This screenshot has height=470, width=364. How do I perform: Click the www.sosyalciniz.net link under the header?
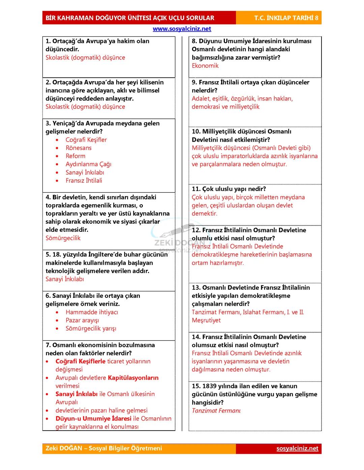[x=182, y=29]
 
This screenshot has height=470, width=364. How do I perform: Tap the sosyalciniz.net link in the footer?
[x=297, y=448]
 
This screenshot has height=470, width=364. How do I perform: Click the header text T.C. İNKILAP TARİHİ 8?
[x=286, y=18]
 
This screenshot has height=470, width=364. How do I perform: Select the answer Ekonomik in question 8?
[x=205, y=66]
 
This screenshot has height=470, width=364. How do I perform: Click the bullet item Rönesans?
[x=78, y=148]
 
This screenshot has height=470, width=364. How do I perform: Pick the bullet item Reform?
[x=75, y=156]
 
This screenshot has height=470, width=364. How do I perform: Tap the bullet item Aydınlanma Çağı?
[x=88, y=164]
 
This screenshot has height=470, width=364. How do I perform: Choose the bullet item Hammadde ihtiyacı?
[x=92, y=312]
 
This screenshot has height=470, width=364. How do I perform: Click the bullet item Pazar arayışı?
[x=82, y=320]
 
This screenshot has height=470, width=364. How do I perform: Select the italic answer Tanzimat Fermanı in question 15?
[x=216, y=410]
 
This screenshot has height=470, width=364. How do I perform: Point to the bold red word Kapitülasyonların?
[x=133, y=378]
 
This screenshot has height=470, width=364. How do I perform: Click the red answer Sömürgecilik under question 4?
[x=63, y=238]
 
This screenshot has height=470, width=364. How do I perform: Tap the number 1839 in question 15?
[x=209, y=386]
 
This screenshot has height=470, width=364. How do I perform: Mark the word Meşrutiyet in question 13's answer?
[x=206, y=320]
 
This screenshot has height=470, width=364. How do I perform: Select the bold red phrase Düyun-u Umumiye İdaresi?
[x=93, y=419]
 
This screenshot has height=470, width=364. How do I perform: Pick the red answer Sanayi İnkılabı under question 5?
[x=65, y=279]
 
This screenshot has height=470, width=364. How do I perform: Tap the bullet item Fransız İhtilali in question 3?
[x=84, y=181]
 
